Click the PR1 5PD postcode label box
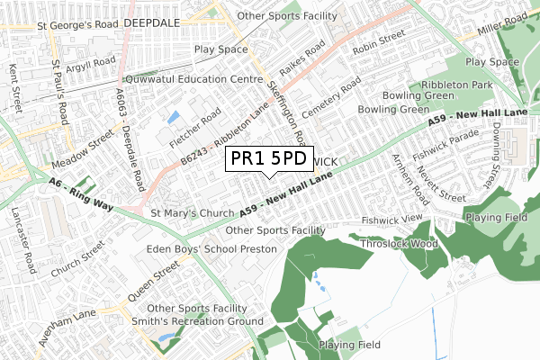[x=269, y=159]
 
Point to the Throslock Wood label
[x=398, y=243]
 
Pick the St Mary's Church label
[x=190, y=213]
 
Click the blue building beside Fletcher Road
[x=174, y=116]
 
